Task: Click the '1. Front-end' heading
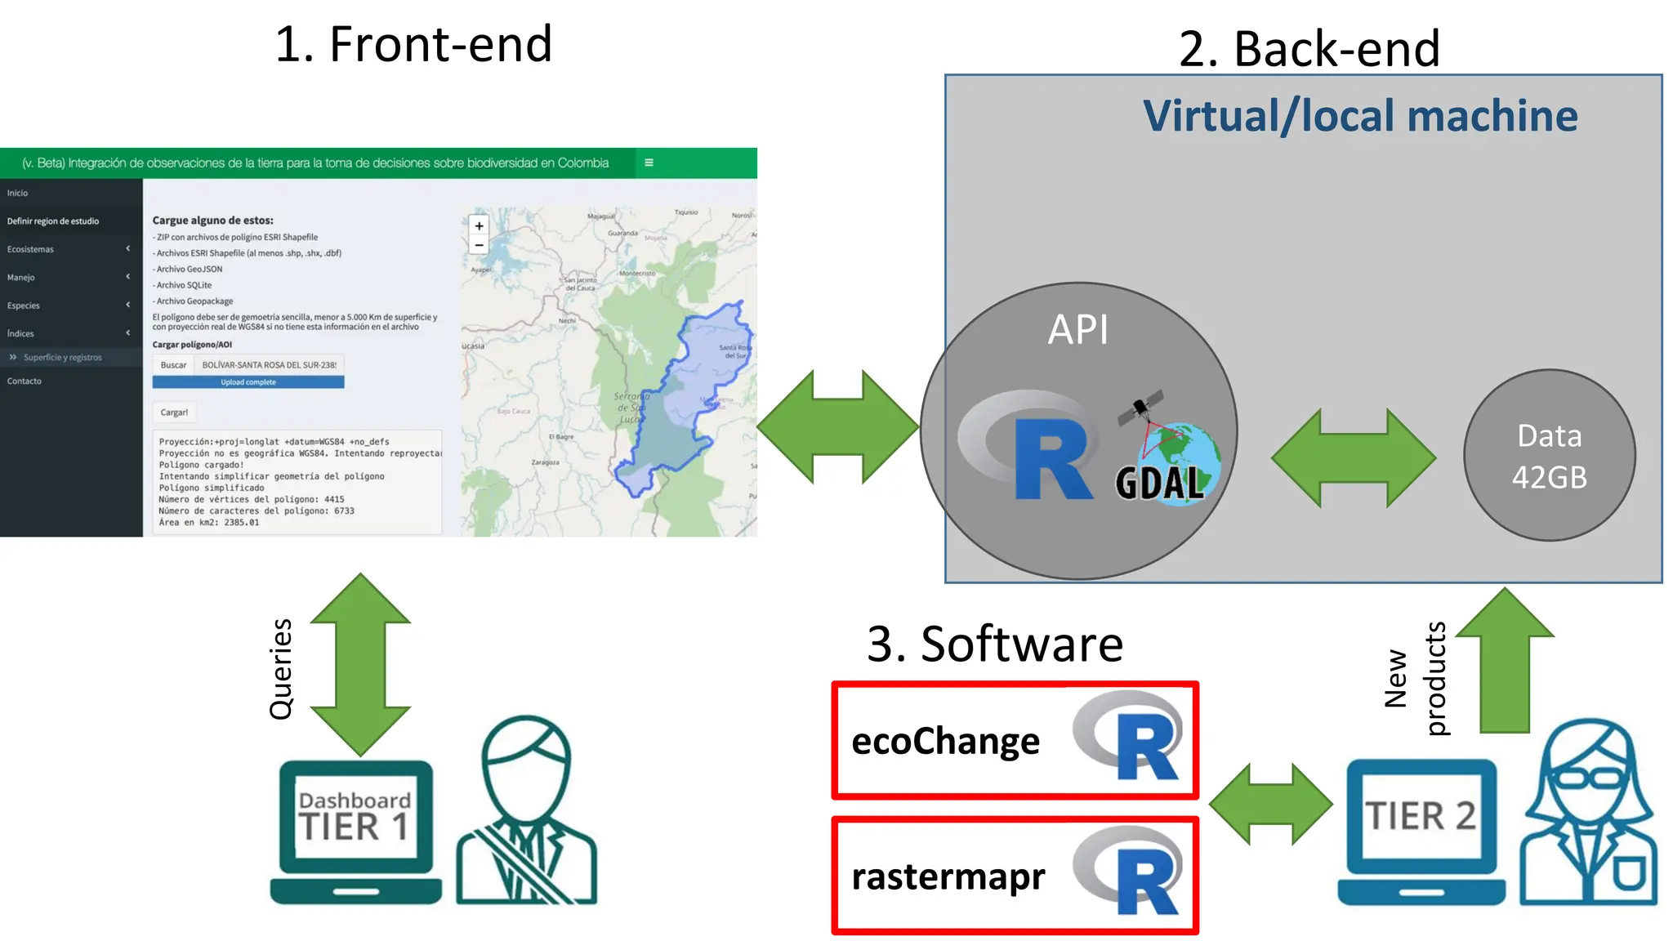pos(413,44)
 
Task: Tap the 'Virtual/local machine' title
pos(1359,116)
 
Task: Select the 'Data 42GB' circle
pos(1549,456)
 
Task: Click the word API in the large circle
pos(1078,330)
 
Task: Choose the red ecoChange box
pos(1015,740)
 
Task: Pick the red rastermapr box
pos(1015,876)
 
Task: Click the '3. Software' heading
pos(994,644)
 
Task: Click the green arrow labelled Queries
pos(360,663)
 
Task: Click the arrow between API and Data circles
pos(1354,458)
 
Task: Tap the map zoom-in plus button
pos(479,225)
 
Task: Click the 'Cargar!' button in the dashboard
pos(174,413)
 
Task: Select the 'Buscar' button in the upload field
pos(173,365)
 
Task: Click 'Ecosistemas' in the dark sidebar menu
pos(31,249)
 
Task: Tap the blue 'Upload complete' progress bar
pos(248,382)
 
